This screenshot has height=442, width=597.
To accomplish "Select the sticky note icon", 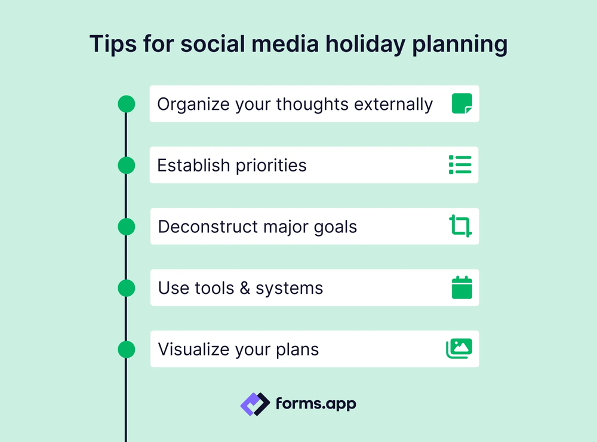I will tap(461, 103).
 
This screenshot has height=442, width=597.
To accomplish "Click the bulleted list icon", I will tap(460, 165).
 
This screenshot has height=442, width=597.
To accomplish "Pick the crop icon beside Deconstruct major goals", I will tap(460, 226).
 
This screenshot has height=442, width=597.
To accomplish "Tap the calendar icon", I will tap(461, 287).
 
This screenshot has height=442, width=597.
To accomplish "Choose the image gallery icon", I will tap(459, 349).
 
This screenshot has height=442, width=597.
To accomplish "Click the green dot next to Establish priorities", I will tap(127, 165).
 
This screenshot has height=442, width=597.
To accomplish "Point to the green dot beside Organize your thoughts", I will tap(127, 104).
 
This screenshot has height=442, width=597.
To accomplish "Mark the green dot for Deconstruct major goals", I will tap(127, 226).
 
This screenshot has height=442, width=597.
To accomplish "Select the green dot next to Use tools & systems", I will tap(127, 288).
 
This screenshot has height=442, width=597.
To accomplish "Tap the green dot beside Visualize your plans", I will tap(127, 349).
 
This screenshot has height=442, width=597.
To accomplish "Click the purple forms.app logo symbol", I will tap(255, 404).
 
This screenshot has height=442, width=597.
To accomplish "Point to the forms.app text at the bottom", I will tap(316, 404).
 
